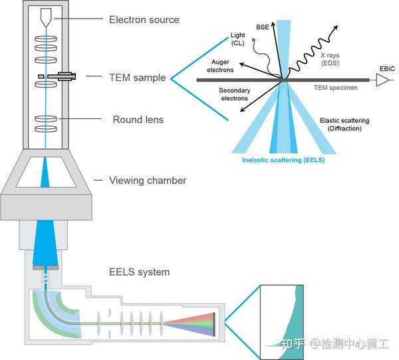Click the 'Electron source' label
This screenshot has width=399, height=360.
pos(144,20)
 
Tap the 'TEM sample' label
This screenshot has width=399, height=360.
pos(138,78)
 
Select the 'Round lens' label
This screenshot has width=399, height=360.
pos(138,120)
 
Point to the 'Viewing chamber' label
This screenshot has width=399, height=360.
pos(148,181)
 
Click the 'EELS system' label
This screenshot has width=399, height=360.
pos(139,272)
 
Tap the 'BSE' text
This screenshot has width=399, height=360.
pos(263,29)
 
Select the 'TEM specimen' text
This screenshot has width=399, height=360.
pos(336,87)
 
